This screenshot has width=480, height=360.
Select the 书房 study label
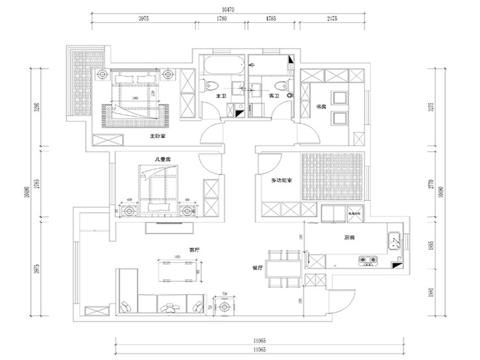(320, 106)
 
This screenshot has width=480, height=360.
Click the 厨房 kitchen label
(349, 238)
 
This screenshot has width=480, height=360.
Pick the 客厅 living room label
(194, 248)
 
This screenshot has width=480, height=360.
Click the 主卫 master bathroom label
(219, 96)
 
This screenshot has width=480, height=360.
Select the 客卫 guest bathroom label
(273, 96)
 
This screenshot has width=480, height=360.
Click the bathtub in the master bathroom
(222, 65)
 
